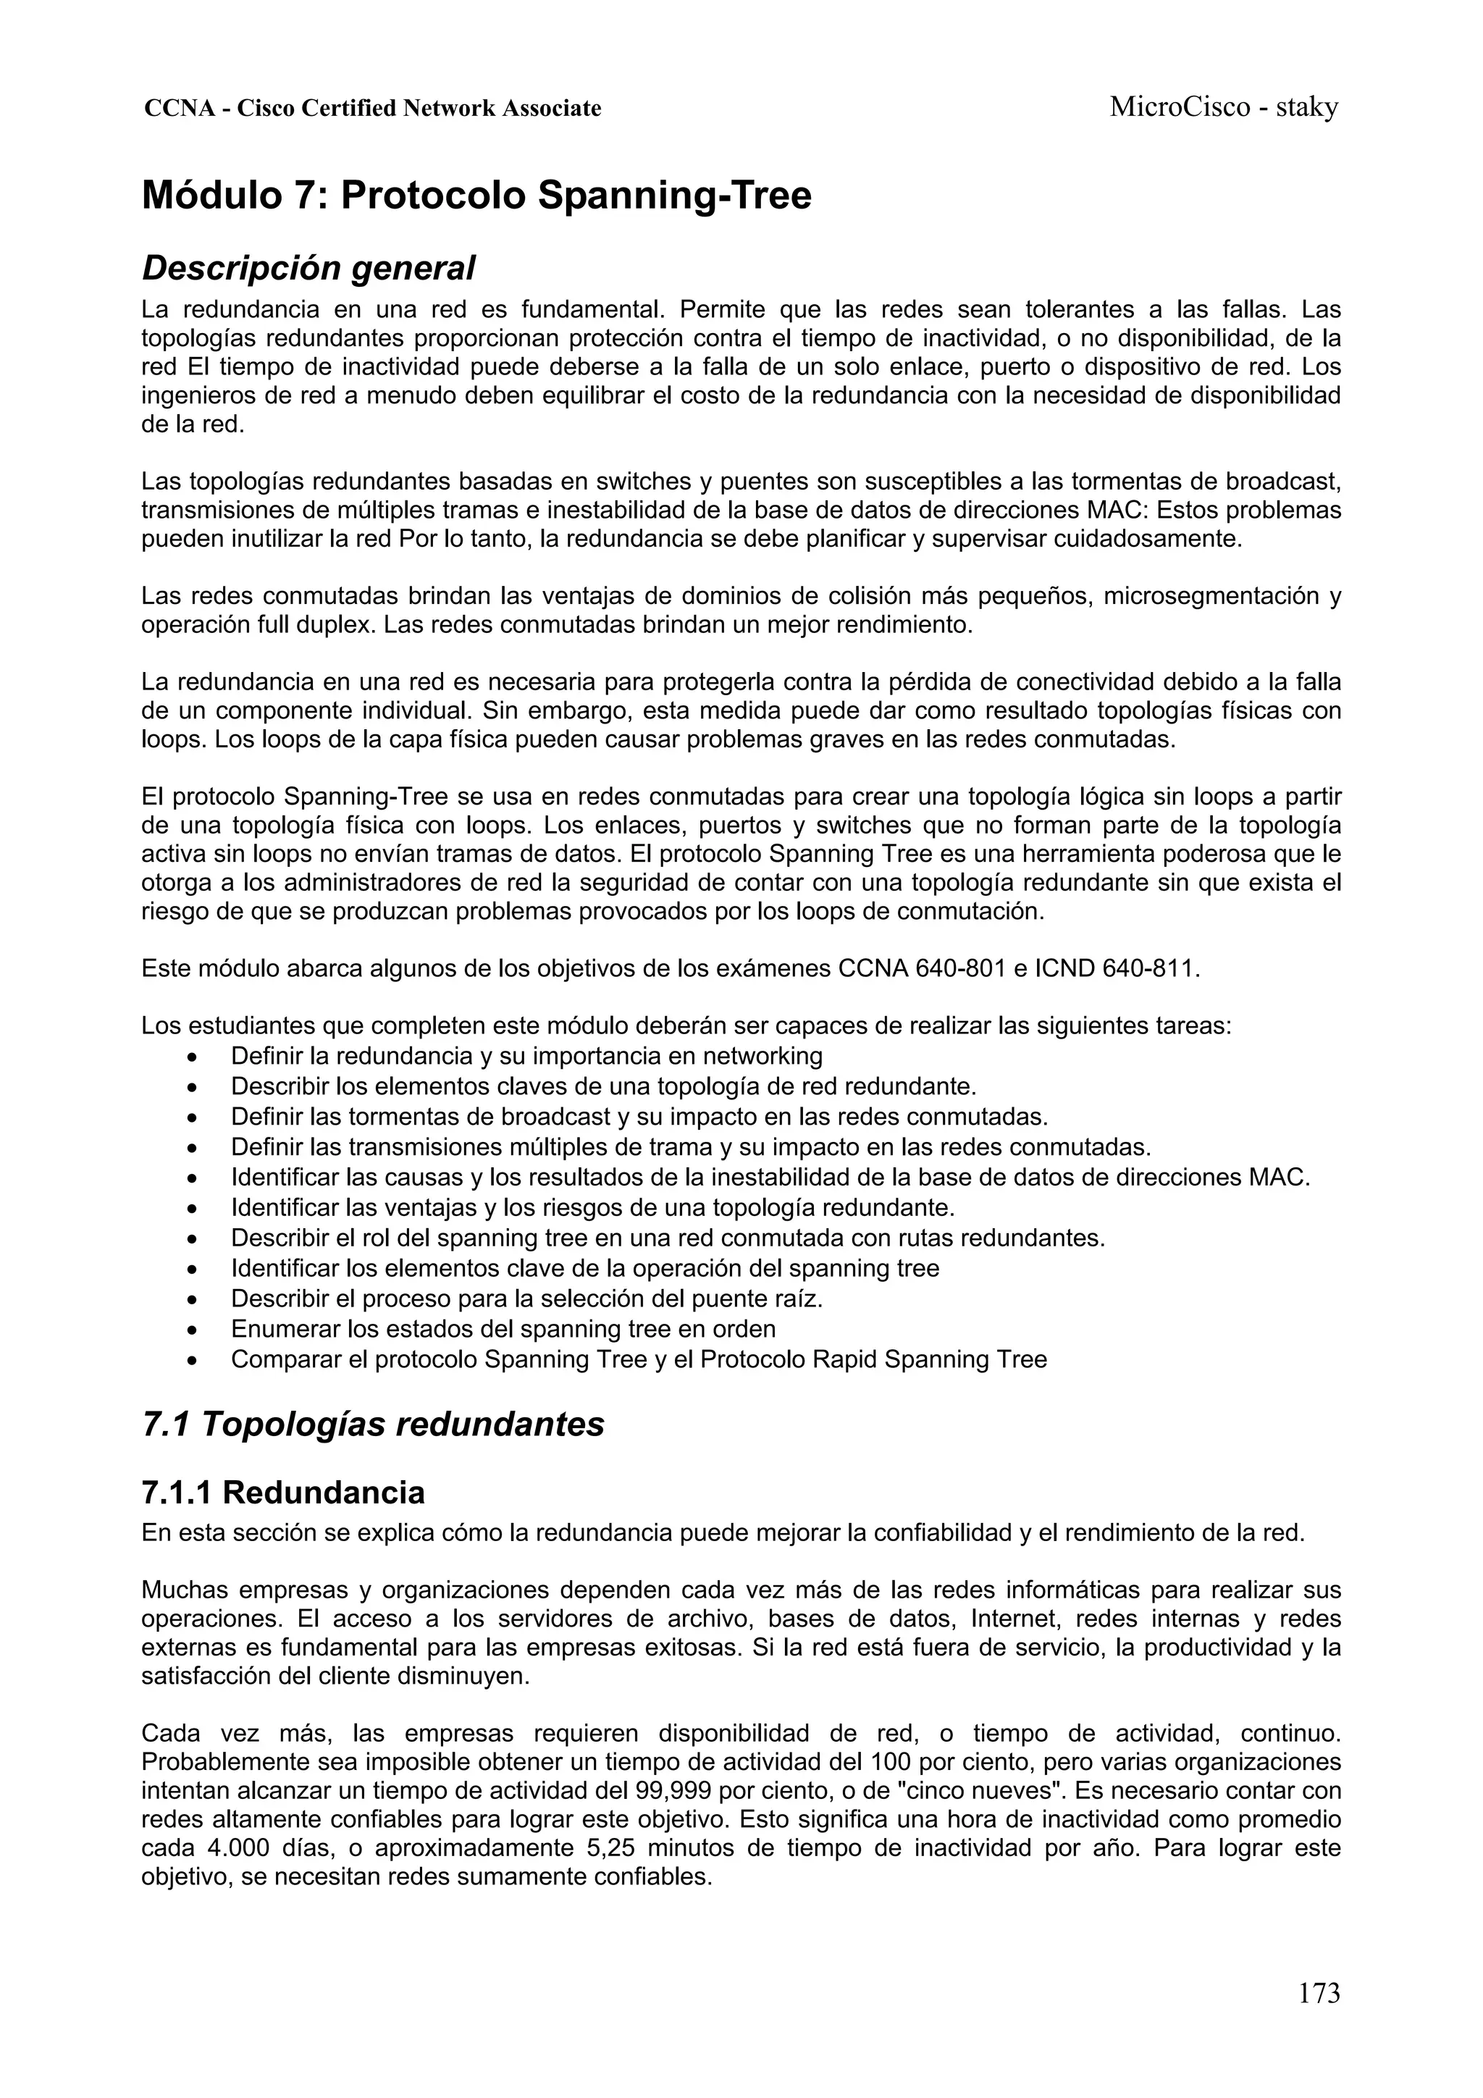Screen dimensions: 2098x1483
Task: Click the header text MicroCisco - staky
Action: pos(1224,108)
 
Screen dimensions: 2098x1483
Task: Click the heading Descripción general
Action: pos(309,268)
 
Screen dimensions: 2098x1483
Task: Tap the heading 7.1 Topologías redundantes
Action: pos(373,1424)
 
